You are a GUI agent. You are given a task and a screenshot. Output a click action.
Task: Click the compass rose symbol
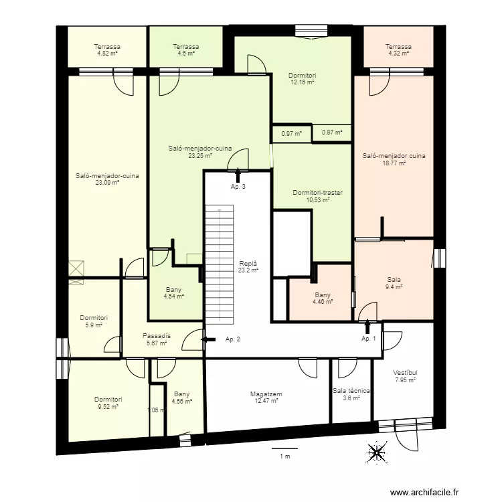coord(378,452)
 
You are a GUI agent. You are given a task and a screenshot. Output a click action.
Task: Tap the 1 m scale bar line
coord(284,448)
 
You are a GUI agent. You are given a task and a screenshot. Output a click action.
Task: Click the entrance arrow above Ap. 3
coord(238,175)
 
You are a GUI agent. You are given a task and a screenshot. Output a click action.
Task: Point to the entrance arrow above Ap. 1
coord(367,327)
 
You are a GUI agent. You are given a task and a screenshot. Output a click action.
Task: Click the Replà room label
coord(248,264)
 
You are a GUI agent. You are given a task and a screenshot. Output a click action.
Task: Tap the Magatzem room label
coord(266,394)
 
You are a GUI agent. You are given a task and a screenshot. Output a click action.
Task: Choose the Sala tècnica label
coord(351,391)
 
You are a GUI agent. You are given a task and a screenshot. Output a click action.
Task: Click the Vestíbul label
coord(405,373)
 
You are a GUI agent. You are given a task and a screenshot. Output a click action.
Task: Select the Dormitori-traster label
coord(317,193)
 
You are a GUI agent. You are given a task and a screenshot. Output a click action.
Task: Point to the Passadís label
coord(157,336)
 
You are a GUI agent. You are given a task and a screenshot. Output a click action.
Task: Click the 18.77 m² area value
coord(394,163)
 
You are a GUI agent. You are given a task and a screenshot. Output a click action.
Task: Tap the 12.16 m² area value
coord(303,82)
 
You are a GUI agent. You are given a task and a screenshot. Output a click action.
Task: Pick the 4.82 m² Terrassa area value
coord(107,53)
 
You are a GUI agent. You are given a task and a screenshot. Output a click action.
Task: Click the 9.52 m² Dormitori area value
coord(108,406)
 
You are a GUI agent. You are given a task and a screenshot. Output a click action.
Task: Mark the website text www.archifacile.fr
coord(425,483)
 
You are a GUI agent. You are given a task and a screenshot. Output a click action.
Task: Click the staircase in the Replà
coord(220,263)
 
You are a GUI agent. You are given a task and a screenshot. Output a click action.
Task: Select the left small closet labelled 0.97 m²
coord(292,133)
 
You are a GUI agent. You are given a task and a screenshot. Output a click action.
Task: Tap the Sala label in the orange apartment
coord(394,280)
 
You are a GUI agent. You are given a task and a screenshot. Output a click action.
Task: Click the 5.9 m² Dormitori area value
coord(94,325)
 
